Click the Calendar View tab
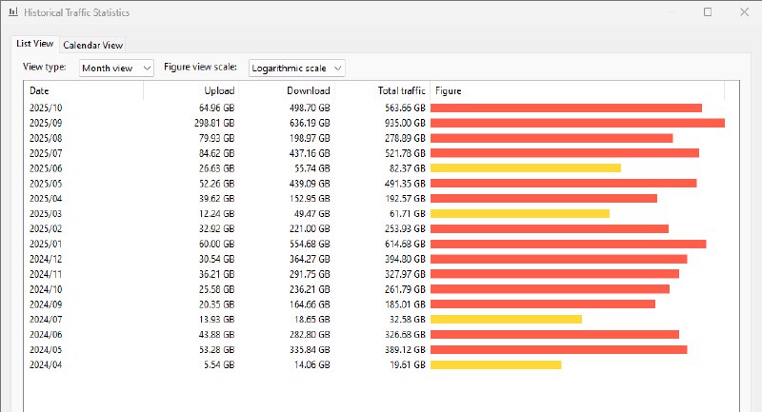(92, 45)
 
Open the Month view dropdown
(115, 69)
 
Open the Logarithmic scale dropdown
(296, 69)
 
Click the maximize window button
(707, 12)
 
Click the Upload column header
(219, 91)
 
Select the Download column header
(308, 91)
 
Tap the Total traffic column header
(401, 91)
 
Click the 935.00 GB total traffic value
(404, 123)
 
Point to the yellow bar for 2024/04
(495, 364)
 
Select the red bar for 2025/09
(577, 123)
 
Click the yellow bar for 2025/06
(526, 167)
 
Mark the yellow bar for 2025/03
(520, 213)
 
